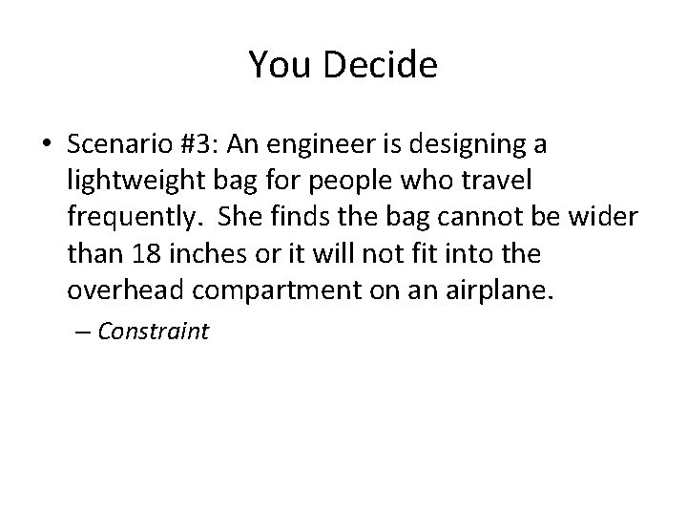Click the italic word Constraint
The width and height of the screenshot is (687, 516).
(x=153, y=332)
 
